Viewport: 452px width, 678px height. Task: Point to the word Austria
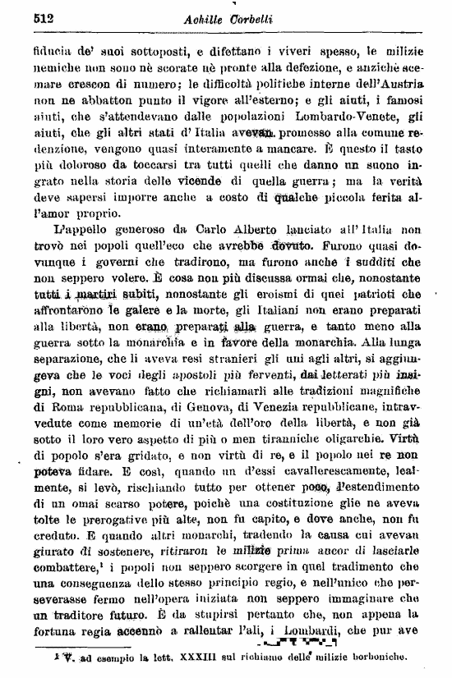point(402,85)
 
